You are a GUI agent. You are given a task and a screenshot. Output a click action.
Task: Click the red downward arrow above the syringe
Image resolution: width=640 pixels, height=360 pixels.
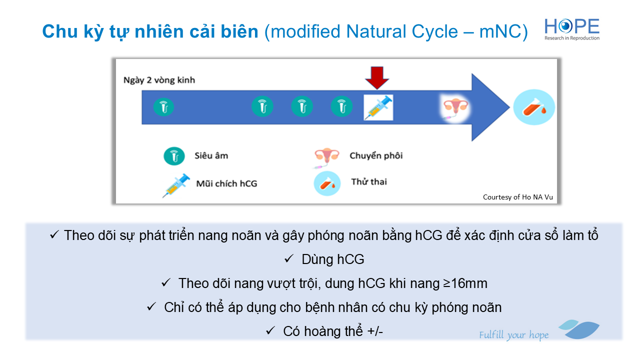(x=377, y=77)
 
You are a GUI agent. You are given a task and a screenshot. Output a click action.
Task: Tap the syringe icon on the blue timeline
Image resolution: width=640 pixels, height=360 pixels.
(x=378, y=107)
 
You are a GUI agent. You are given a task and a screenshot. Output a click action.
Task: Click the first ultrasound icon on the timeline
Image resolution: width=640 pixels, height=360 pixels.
(x=163, y=107)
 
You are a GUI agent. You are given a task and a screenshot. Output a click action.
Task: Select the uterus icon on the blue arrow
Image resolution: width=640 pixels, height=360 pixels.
(x=455, y=108)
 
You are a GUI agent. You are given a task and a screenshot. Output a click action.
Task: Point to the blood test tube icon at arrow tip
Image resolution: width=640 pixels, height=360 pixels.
(x=534, y=107)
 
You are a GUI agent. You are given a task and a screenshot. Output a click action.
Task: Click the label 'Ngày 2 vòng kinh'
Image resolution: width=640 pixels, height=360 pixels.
(x=159, y=80)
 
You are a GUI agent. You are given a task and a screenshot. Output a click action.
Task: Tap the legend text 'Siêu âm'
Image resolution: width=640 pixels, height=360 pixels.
(x=211, y=155)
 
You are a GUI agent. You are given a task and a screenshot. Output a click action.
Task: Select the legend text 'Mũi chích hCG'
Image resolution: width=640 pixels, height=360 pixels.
(x=226, y=183)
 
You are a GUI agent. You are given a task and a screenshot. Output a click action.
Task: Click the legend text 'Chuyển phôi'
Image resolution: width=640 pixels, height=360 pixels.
(x=376, y=155)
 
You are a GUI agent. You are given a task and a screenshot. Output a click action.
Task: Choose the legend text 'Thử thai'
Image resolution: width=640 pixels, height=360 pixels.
(x=369, y=181)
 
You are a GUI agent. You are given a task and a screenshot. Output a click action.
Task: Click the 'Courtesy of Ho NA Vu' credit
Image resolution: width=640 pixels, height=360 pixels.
(x=517, y=197)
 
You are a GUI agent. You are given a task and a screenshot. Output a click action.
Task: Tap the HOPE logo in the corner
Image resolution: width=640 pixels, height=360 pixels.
(x=571, y=29)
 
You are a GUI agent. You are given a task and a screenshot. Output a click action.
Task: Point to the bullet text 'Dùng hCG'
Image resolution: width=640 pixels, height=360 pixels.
(x=333, y=259)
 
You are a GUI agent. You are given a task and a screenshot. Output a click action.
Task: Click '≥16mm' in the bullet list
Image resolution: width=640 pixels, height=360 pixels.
(x=465, y=283)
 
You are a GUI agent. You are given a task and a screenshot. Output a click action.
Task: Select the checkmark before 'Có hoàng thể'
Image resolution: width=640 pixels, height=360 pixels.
(x=270, y=331)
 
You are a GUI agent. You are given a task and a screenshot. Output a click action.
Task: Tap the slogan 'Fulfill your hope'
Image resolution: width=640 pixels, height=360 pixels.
(x=513, y=335)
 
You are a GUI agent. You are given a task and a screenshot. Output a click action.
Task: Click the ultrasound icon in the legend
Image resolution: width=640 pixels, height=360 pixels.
(x=174, y=156)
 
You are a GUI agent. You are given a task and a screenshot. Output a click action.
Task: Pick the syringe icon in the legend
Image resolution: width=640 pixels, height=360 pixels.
(x=176, y=185)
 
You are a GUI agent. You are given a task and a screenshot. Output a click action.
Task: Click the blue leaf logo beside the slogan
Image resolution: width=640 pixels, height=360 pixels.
(x=579, y=329)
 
